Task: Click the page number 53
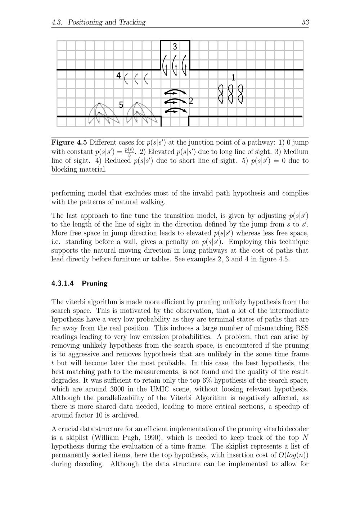coord(305,22)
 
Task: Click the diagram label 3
coord(175,47)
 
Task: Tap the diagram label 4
coord(118,76)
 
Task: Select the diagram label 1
coord(233,77)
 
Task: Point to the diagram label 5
coord(121,105)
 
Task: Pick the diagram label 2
coord(191,101)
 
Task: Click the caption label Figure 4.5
coord(69,142)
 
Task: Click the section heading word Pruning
coord(95,283)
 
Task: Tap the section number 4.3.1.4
coord(63,283)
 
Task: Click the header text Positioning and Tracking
coord(107,22)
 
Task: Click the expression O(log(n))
coord(294,455)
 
